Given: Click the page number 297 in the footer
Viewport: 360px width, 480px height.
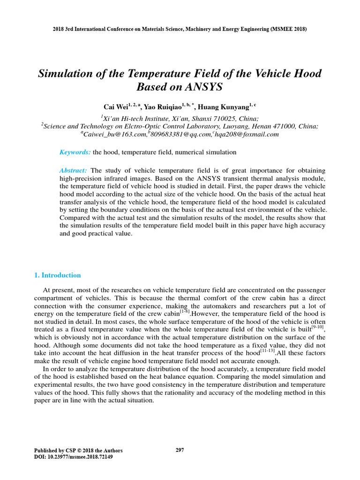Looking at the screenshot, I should pos(180,450).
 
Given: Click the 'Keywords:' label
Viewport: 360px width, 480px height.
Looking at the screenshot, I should pos(75,152).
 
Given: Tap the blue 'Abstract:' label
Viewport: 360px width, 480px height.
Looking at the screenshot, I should pos(73,170).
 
